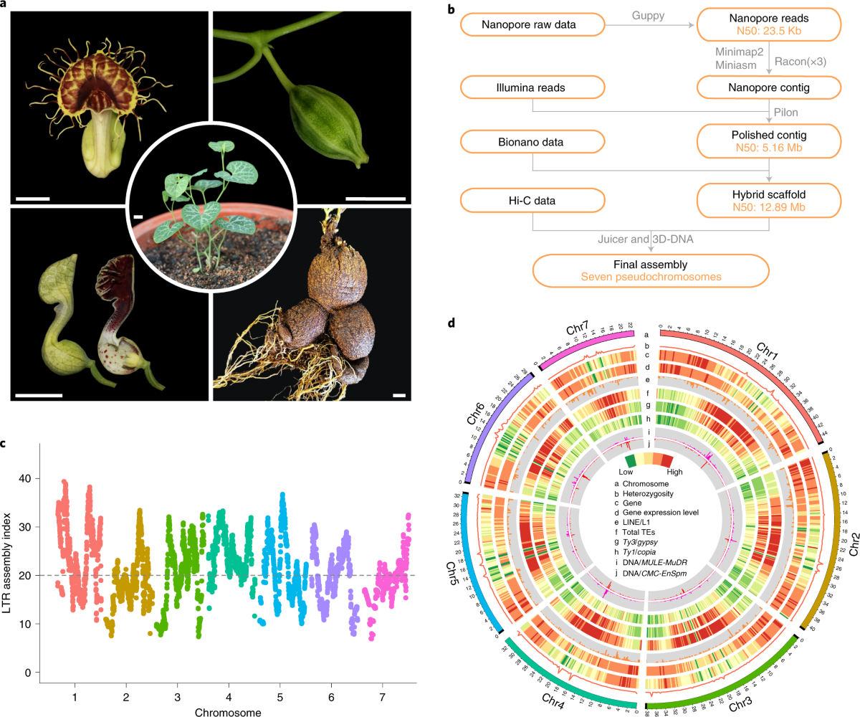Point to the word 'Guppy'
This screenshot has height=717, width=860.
pos(649,15)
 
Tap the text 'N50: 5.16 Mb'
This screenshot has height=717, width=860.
pos(770,150)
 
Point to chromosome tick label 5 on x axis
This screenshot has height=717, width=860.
pos(280,696)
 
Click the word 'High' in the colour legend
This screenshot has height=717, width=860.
pos(676,471)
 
